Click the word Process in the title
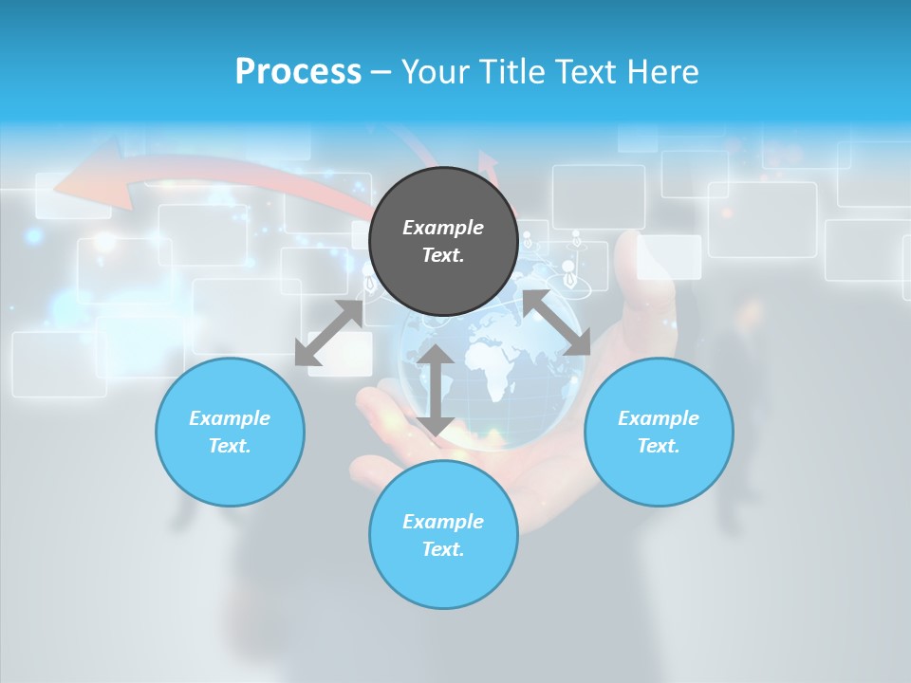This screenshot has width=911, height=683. tap(298, 71)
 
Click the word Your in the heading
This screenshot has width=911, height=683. tap(437, 72)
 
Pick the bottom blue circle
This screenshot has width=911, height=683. tap(443, 569)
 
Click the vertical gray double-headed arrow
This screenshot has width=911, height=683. tap(436, 390)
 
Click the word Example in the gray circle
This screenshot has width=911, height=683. tap(443, 228)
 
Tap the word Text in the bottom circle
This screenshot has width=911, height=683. tap(443, 549)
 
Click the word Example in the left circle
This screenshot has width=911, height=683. tap(230, 418)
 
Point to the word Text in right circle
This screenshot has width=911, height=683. tap(659, 446)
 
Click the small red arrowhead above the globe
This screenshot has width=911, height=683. tap(490, 165)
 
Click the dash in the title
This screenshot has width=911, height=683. tap(381, 72)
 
